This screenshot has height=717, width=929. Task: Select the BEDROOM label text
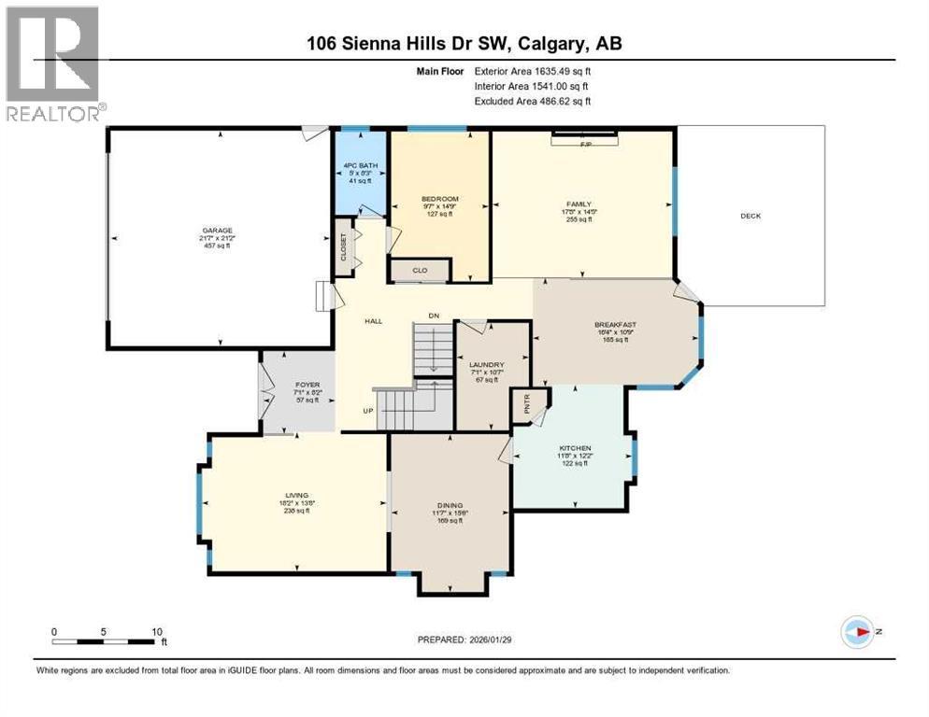[439, 199]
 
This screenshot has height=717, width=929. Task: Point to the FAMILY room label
[579, 204]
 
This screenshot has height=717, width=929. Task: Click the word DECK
[750, 216]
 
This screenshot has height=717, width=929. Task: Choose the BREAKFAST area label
[615, 326]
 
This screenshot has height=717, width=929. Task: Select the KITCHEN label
[575, 449]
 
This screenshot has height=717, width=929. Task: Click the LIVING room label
[297, 496]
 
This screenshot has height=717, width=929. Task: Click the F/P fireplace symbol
[586, 143]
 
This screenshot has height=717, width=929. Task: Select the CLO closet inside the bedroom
[420, 271]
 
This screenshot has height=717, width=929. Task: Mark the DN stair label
[433, 316]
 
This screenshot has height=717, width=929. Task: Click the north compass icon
[857, 632]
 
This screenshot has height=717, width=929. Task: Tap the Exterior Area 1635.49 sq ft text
[533, 69]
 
